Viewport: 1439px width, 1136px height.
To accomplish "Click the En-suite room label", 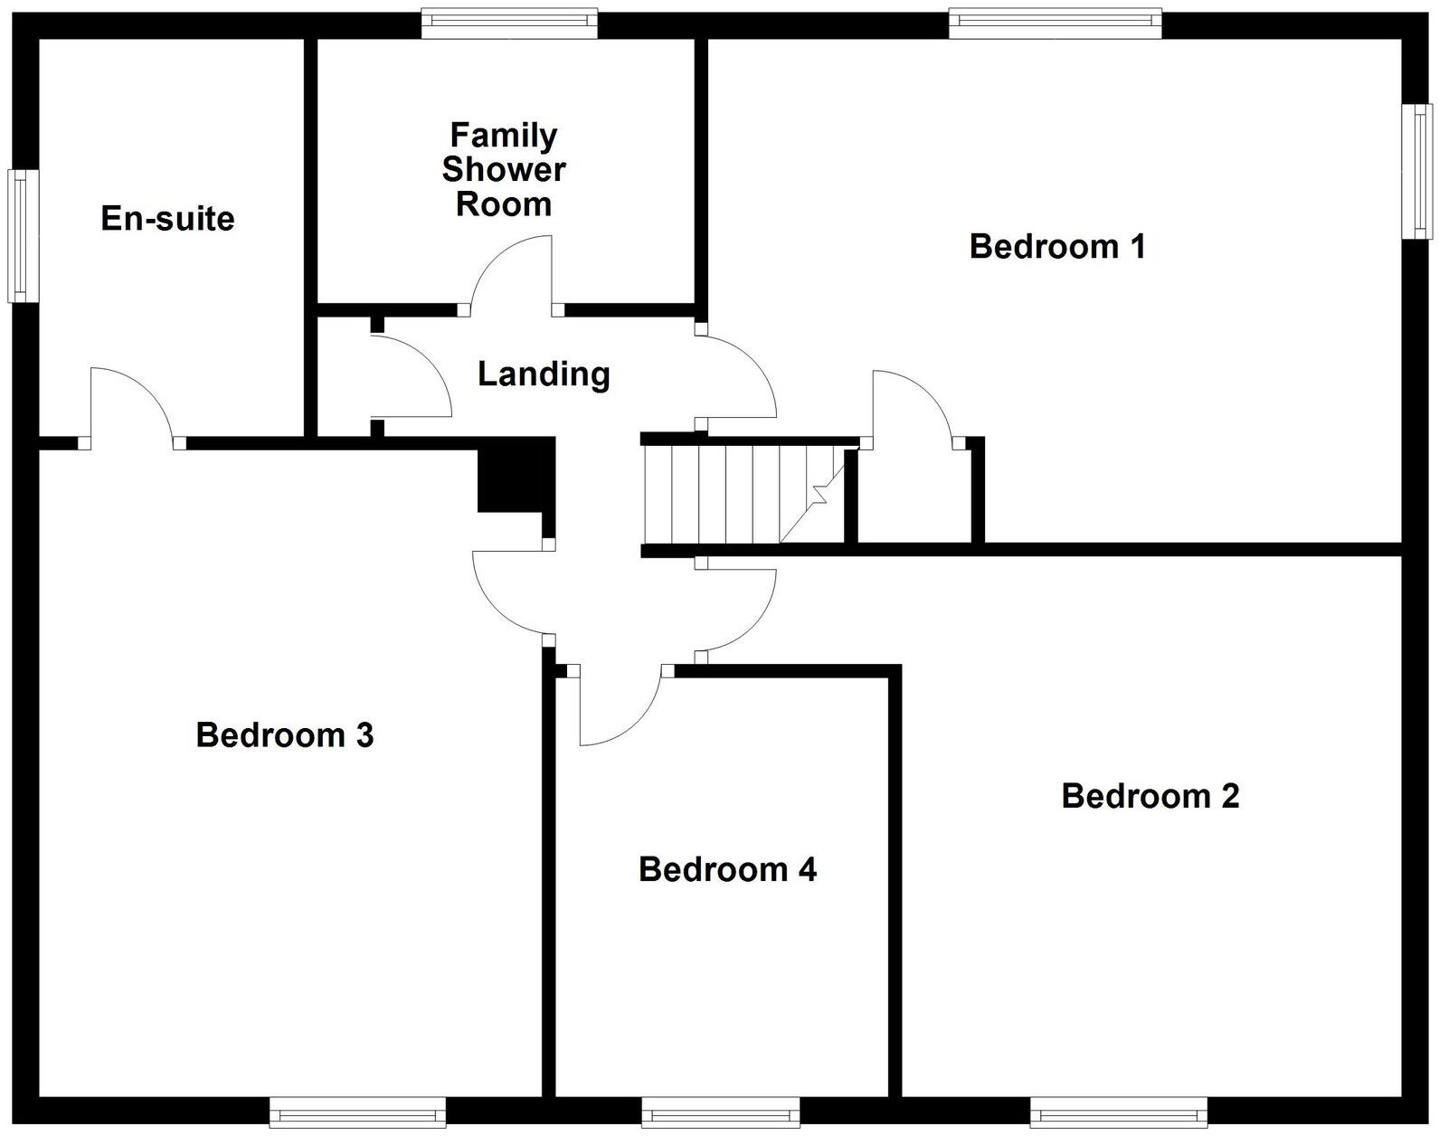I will pyautogui.click(x=167, y=218).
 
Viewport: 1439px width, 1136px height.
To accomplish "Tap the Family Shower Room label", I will pyautogui.click(x=504, y=169).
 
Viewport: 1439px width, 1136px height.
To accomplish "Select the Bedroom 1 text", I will pyautogui.click(x=1057, y=246).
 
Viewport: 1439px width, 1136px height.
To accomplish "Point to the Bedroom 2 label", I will pyautogui.click(x=1150, y=796).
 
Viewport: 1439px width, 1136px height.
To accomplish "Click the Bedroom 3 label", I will pyautogui.click(x=285, y=734).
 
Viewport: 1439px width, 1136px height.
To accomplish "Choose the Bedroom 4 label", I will pyautogui.click(x=727, y=869).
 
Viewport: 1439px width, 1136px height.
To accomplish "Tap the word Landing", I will pyautogui.click(x=544, y=374).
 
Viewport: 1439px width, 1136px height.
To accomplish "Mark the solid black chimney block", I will pyautogui.click(x=512, y=477).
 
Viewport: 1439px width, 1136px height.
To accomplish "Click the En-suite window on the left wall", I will pyautogui.click(x=18, y=235).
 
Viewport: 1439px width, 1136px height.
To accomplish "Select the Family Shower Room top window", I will pyautogui.click(x=509, y=23).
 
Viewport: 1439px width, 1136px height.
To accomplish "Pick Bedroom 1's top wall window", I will pyautogui.click(x=1055, y=23).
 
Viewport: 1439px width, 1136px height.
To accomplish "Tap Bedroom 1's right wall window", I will pyautogui.click(x=1416, y=171).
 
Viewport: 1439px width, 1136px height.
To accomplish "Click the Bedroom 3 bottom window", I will pyautogui.click(x=357, y=1111).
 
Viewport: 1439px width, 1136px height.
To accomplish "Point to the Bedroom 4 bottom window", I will pyautogui.click(x=720, y=1111).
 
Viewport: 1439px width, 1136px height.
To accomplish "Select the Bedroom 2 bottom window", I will pyautogui.click(x=1118, y=1111).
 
